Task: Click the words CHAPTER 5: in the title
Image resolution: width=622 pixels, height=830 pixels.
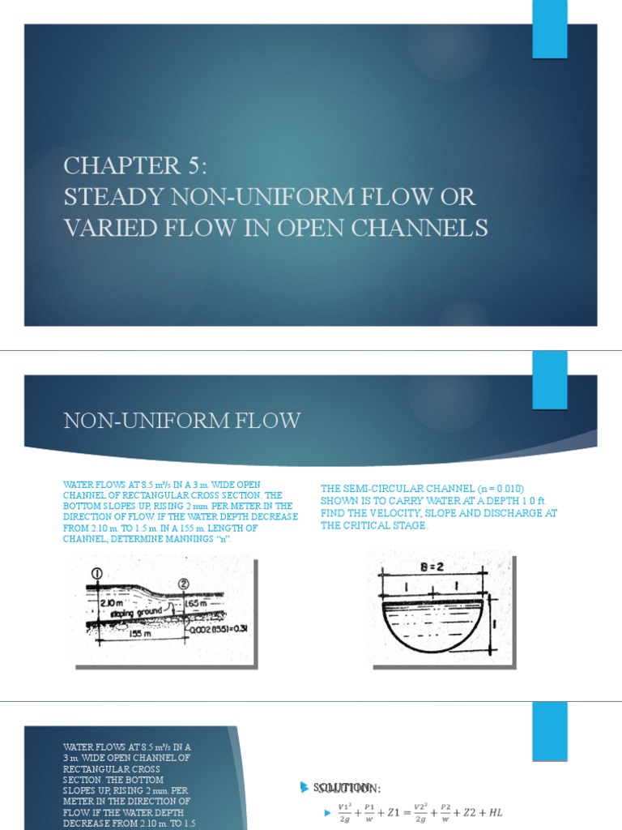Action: pyautogui.click(x=135, y=166)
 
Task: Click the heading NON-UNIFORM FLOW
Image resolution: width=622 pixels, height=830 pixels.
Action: pyautogui.click(x=182, y=421)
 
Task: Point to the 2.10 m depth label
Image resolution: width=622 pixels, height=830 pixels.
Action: pyautogui.click(x=112, y=604)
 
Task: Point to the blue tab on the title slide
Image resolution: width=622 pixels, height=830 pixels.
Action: pyautogui.click(x=549, y=29)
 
